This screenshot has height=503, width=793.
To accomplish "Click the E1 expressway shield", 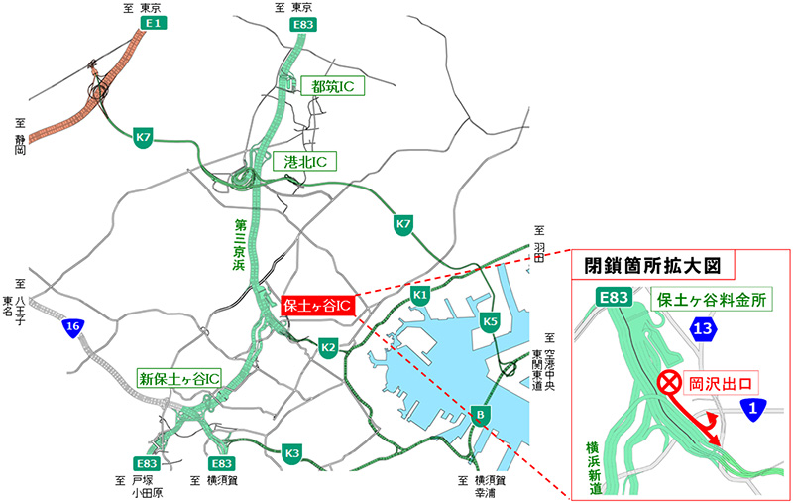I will click(x=153, y=22).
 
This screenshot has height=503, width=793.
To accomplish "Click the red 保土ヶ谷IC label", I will click(x=316, y=305).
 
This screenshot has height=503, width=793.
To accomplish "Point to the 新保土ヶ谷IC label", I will click(x=178, y=378).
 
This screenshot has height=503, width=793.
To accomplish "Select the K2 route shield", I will click(x=329, y=347).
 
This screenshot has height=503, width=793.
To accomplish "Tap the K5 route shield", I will click(x=489, y=321).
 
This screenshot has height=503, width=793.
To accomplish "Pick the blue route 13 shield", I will click(x=703, y=331).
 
